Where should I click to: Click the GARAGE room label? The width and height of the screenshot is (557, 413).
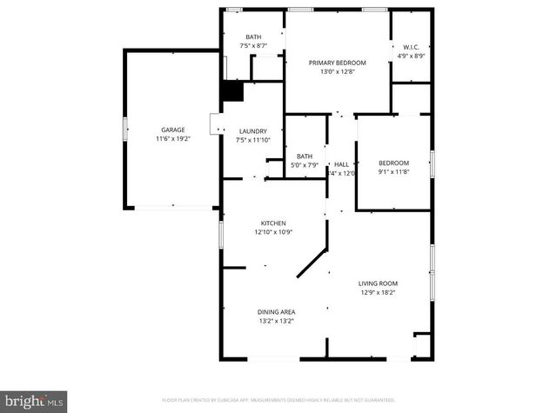172,130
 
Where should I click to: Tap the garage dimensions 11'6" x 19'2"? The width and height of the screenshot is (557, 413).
172,138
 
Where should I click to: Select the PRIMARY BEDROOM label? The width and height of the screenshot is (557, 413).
338,63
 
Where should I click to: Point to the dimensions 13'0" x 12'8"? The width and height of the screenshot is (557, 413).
338,72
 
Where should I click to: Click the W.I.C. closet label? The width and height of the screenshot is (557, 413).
411,47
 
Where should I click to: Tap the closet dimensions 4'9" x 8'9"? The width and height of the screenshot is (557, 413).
411,57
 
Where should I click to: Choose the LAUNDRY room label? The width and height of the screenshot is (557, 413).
253,131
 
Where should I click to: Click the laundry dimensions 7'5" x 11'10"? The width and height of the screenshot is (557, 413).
253,140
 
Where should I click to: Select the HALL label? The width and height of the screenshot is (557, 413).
341,164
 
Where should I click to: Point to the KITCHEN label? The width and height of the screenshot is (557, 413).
273,223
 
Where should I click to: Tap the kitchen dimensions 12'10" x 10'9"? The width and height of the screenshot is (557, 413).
273,232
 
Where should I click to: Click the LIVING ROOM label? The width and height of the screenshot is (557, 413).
379,283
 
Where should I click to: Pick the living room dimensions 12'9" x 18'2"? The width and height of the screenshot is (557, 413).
379,293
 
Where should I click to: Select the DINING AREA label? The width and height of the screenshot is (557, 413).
276,312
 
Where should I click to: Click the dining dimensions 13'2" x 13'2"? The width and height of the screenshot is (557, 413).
276,321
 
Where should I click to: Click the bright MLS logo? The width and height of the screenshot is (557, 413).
32,401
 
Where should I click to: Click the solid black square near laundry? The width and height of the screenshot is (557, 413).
232,91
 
